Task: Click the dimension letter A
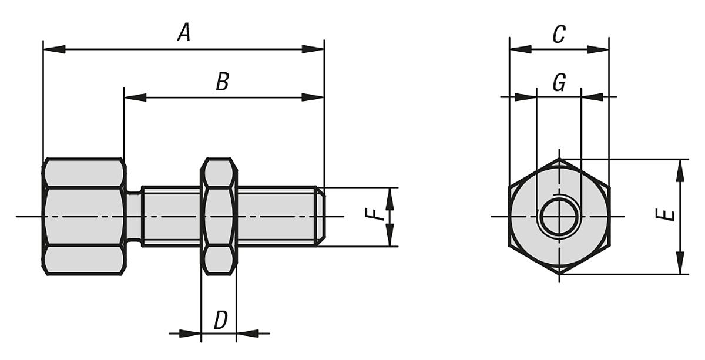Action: tap(184, 33)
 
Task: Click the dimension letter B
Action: tap(221, 82)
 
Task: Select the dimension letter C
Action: tap(559, 35)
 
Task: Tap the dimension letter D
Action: tap(220, 321)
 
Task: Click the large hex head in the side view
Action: tap(84, 216)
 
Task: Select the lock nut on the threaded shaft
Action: tap(219, 216)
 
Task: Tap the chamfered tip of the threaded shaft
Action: tap(321, 216)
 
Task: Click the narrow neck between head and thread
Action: tap(134, 216)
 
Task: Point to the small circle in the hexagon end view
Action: tap(559, 217)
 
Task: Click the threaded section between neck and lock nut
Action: tap(171, 216)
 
